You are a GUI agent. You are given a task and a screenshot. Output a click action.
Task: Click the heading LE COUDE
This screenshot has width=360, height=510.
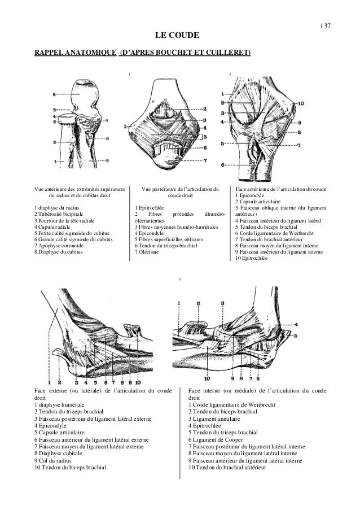180,36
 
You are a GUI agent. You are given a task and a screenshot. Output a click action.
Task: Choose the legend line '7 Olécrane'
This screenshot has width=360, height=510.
147,252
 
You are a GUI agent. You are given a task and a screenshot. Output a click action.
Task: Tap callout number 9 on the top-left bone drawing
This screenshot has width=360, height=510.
107,161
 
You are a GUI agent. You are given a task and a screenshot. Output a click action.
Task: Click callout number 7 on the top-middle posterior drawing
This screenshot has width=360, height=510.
206,160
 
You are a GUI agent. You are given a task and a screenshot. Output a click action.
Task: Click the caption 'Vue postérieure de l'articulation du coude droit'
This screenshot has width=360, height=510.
180,192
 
